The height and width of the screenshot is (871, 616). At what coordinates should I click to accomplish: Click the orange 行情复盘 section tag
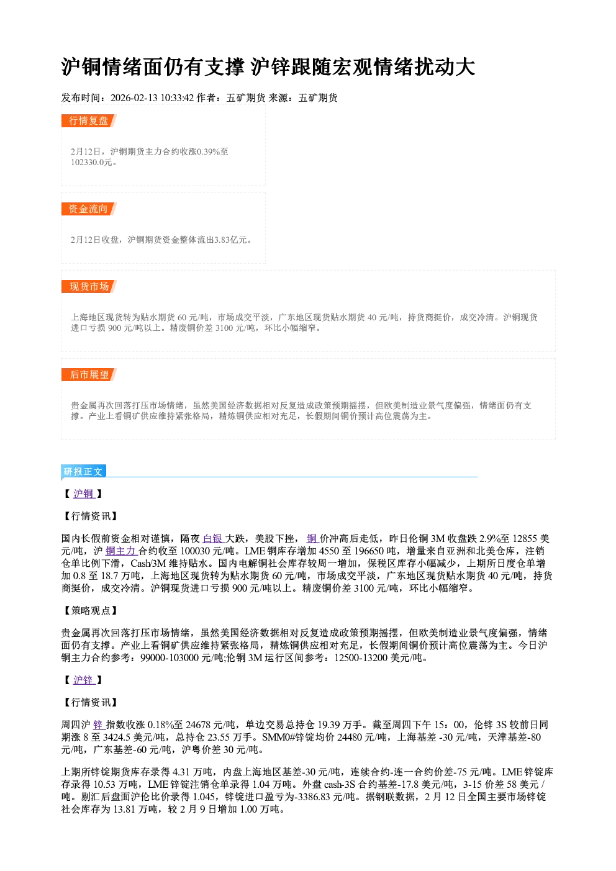click(x=89, y=120)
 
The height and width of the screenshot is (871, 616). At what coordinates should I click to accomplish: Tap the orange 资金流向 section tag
click(x=89, y=209)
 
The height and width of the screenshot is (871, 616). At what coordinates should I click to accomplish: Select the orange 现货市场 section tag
click(x=89, y=287)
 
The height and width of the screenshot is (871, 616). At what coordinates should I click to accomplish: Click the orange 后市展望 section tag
click(x=89, y=375)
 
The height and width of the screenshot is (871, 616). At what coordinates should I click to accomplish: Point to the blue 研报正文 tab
click(x=83, y=472)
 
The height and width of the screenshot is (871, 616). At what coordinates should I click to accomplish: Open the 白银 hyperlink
click(x=213, y=538)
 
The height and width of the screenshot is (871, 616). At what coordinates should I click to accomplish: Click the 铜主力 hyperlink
click(x=121, y=551)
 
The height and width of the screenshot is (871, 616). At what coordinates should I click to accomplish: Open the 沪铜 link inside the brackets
click(x=84, y=494)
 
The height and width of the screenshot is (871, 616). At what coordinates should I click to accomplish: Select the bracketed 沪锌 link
click(x=84, y=680)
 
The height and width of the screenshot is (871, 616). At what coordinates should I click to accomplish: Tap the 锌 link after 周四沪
click(x=99, y=724)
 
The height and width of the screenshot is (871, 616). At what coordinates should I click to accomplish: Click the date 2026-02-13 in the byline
click(x=134, y=98)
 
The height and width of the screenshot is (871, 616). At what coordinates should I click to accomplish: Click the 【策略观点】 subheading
click(x=89, y=610)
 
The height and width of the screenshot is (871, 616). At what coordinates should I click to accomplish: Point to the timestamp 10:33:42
click(x=177, y=98)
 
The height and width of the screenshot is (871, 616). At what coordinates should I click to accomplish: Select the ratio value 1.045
click(x=204, y=797)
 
